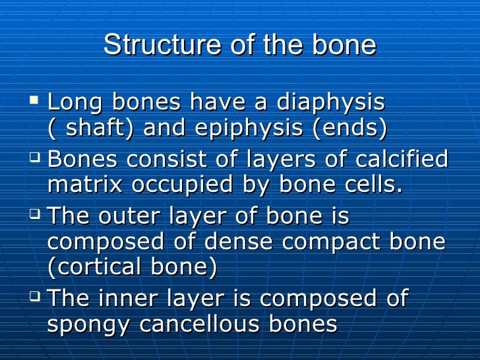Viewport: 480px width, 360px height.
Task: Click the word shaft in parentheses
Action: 98,129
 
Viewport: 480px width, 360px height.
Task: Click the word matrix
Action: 84,185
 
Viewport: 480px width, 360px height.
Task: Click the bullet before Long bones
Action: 35,100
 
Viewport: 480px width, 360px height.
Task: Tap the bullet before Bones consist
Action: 35,157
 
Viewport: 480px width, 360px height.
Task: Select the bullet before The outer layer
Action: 35,214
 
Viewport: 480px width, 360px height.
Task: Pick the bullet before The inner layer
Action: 35,296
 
